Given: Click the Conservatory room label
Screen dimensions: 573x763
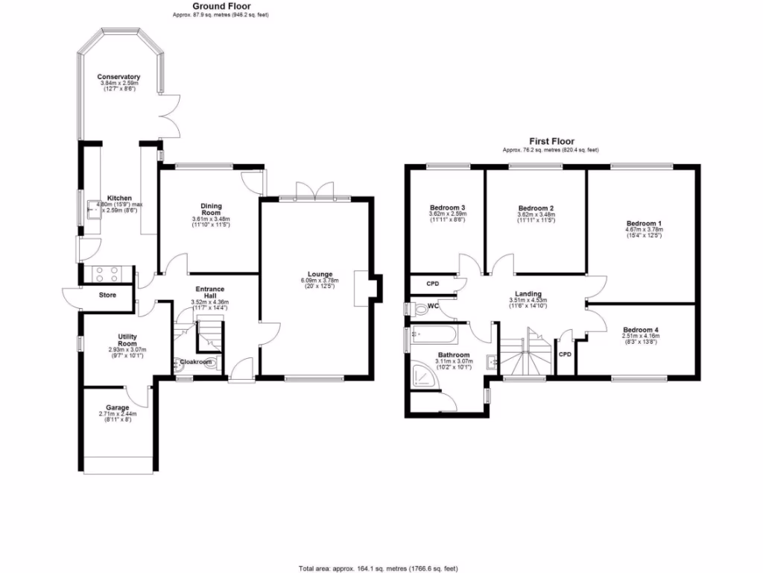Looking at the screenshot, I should point(118,77).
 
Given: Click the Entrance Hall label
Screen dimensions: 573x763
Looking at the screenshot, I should point(209,292).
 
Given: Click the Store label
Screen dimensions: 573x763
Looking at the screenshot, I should point(108,295).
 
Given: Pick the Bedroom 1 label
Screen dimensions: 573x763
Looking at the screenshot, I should point(643,223).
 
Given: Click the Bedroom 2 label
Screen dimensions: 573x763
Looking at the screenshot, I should point(536,208).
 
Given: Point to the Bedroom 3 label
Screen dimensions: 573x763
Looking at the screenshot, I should point(448,208).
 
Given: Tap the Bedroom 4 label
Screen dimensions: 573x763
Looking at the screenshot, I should point(640,330).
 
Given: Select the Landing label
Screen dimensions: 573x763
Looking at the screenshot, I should point(528,294).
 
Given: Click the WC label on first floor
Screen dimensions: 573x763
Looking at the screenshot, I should point(431,306).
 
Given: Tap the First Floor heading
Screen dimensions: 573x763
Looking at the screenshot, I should point(551,140).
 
